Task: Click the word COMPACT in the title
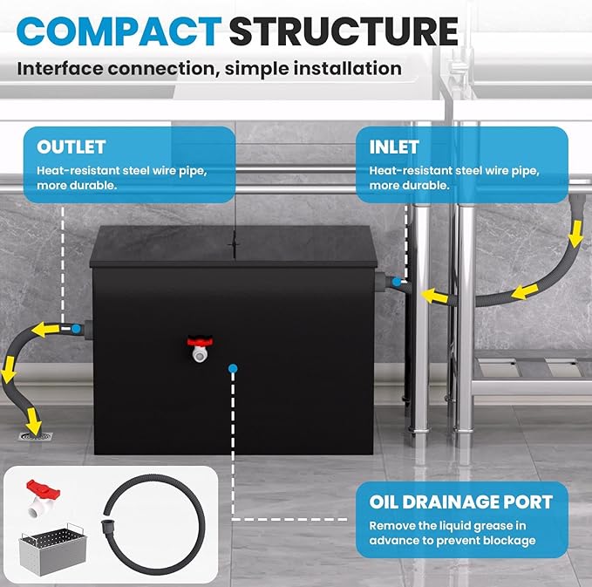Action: click(x=119, y=31)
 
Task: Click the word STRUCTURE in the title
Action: click(x=344, y=31)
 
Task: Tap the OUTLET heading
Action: click(x=71, y=147)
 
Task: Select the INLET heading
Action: click(x=394, y=147)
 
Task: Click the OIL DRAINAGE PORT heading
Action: click(x=461, y=502)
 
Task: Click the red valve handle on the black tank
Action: click(x=201, y=341)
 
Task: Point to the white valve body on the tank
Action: click(x=200, y=354)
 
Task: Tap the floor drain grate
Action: click(x=35, y=436)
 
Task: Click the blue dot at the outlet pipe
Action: click(x=76, y=329)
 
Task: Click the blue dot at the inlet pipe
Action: click(x=397, y=282)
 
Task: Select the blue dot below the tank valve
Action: click(x=233, y=368)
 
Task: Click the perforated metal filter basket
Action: click(x=53, y=549)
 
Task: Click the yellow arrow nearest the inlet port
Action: click(x=434, y=296)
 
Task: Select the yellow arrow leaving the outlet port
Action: click(x=45, y=330)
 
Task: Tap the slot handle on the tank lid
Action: click(x=234, y=244)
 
